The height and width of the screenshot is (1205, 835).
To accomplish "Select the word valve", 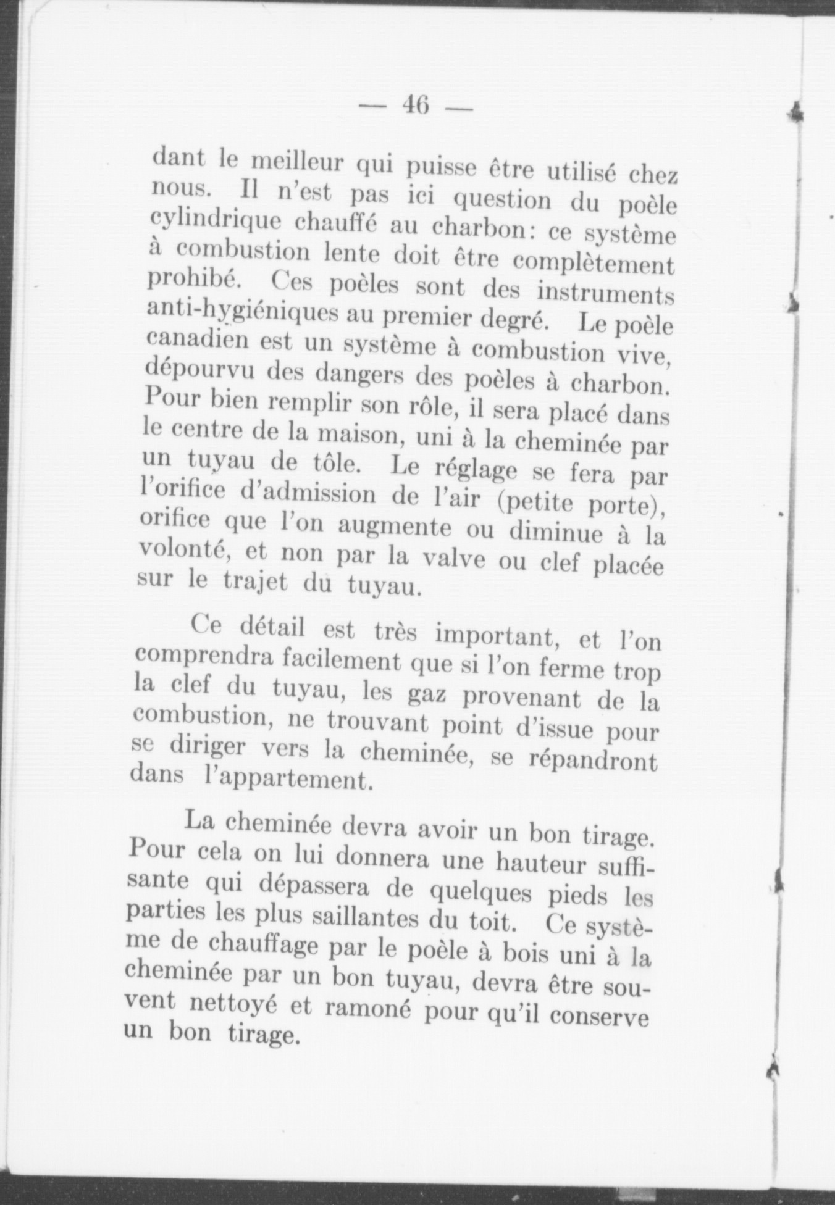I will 447,559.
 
